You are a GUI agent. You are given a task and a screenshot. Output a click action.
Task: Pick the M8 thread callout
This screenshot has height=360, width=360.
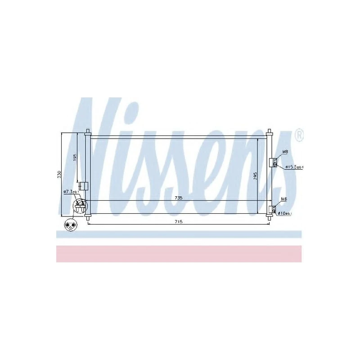coord(285,152)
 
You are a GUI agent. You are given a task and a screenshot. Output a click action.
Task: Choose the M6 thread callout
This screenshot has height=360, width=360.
coord(284,199)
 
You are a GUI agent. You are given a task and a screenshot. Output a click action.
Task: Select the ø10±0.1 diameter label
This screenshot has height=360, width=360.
coord(285,213)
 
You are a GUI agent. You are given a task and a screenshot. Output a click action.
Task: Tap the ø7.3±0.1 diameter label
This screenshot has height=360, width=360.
coord(71,192)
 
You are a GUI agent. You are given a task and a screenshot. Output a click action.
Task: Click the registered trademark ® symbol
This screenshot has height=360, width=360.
coord(298,134)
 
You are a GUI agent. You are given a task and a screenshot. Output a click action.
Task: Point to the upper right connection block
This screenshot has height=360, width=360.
coord(272,163)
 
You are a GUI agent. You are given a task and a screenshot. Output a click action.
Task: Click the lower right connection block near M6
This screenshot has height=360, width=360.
coord(272,209)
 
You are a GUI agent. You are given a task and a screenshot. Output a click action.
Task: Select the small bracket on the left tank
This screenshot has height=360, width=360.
coord(82,185)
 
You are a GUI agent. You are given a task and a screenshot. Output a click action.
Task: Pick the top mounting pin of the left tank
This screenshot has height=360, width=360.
coord(87,132)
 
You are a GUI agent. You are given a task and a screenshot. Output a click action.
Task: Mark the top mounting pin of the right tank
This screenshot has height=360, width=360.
coord(270,132)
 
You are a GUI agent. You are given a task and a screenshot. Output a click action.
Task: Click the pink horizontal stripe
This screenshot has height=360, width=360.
coord(179,254)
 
